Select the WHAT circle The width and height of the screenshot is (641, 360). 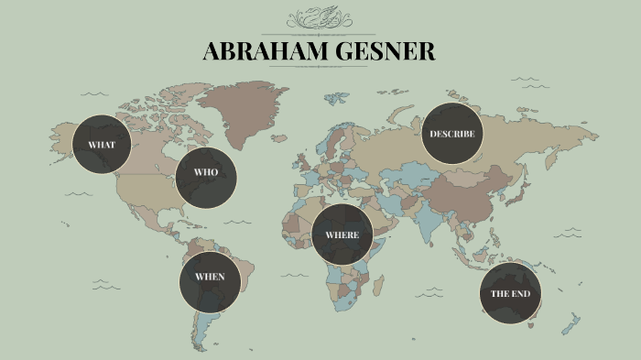[x=101, y=145]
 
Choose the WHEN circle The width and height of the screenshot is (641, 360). [x=209, y=277]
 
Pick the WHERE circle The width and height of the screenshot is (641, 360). [x=342, y=235]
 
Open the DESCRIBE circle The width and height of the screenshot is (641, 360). [x=452, y=134]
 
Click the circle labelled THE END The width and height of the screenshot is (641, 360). [x=510, y=293]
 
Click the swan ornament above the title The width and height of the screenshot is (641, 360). [x=320, y=19]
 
